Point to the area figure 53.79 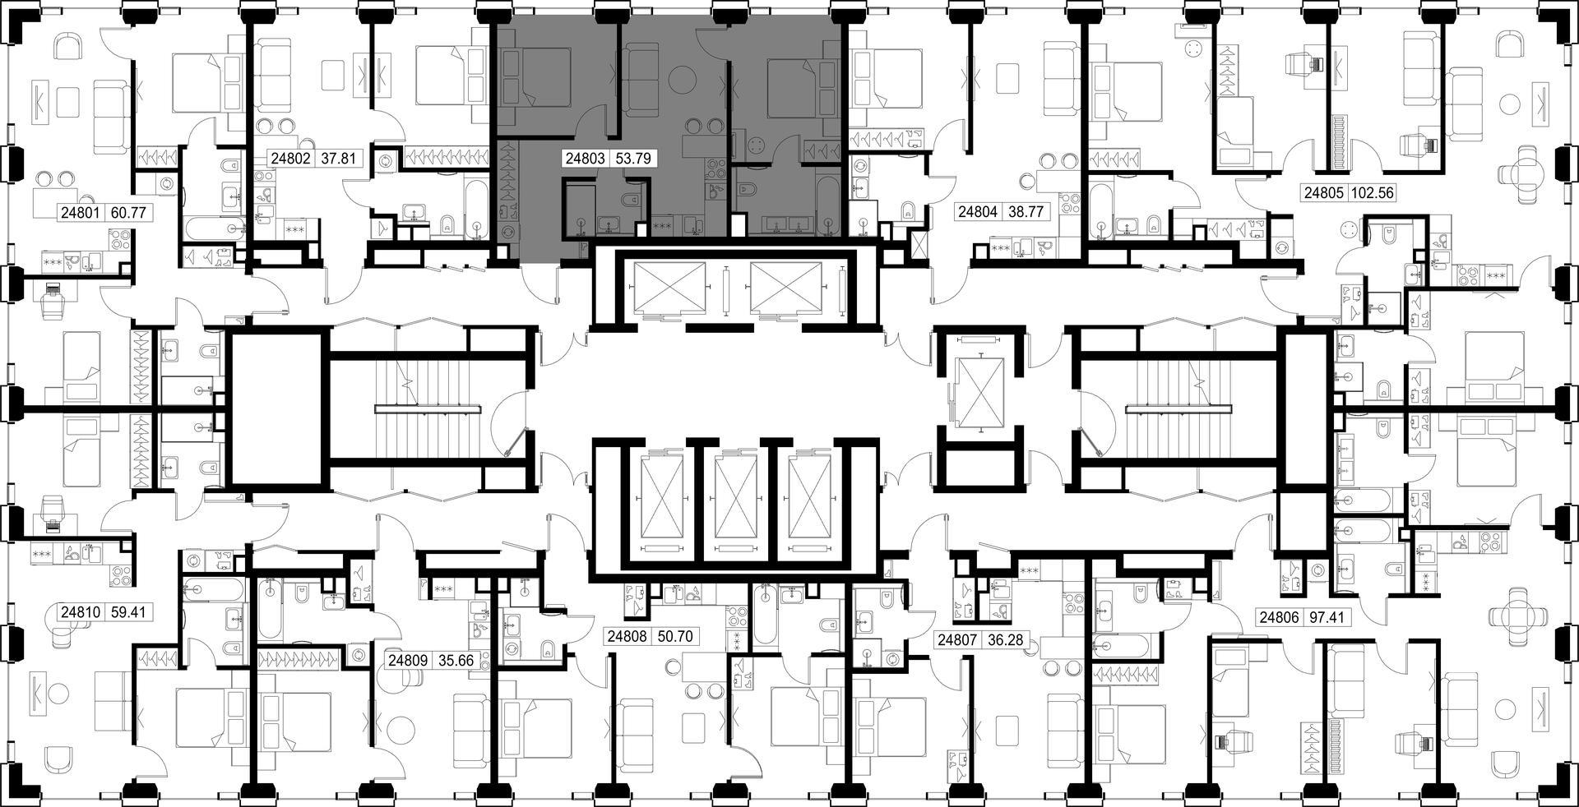(x=633, y=158)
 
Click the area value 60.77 (x=127, y=213)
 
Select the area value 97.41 (x=1329, y=616)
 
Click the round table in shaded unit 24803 (x=682, y=80)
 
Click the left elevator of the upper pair (x=665, y=289)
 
